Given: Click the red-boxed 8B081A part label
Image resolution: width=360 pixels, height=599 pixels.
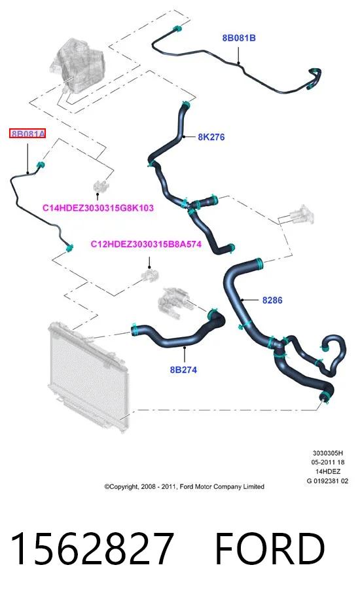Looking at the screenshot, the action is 27,134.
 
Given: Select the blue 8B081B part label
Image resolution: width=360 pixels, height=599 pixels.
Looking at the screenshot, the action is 239,38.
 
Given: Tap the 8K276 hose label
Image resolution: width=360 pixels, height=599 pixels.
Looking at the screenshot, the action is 211,137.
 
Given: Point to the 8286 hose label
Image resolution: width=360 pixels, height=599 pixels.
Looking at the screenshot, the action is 272,300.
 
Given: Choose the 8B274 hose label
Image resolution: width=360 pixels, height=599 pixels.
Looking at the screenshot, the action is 183,370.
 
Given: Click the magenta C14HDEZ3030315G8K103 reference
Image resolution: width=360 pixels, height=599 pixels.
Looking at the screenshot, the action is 98,208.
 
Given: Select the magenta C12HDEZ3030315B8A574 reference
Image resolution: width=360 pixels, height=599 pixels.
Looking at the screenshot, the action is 146,244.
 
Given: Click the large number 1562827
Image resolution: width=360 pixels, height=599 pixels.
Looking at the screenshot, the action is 92,549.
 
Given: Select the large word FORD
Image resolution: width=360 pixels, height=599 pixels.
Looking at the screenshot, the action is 270,549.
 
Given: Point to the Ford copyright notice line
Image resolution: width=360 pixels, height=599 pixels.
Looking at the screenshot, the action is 185,486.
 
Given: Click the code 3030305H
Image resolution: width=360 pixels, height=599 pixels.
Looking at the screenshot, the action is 327,453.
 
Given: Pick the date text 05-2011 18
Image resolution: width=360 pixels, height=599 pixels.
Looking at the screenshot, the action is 327,462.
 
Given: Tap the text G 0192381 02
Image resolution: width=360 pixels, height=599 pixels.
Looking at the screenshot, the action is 327,481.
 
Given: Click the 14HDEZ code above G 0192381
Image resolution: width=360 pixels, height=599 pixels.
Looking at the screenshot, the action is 327,472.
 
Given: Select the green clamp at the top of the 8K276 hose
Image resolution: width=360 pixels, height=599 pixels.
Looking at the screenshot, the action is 186,104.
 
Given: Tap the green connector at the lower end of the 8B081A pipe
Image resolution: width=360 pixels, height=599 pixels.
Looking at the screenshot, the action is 69,247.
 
